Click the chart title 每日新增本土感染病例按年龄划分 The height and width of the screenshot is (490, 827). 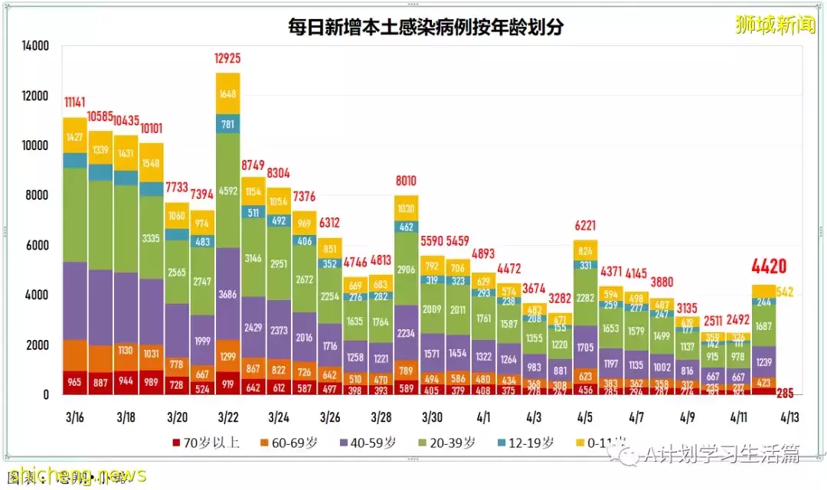[x=425, y=28]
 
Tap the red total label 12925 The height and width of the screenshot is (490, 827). [x=228, y=59]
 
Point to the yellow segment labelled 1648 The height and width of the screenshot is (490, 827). [x=228, y=94]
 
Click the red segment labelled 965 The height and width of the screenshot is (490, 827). [x=74, y=381]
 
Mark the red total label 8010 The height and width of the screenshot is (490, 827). [x=407, y=181]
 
